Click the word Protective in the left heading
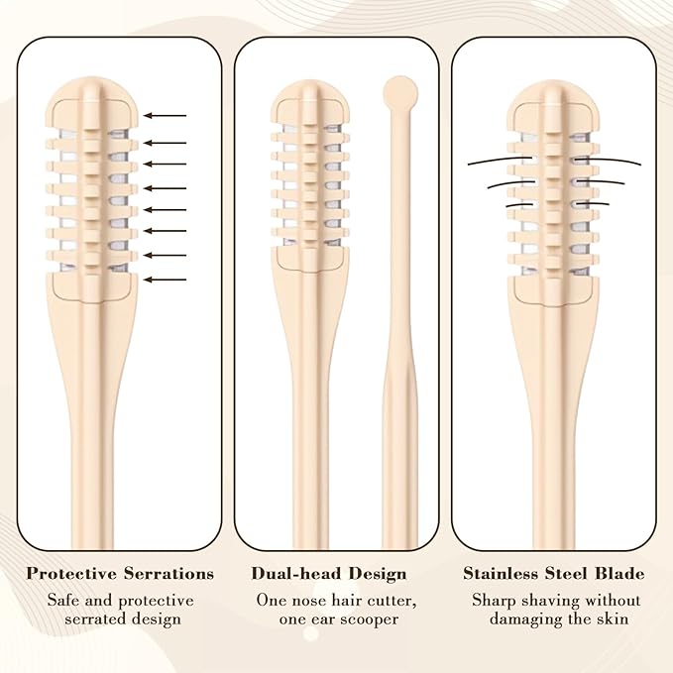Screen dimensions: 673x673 click(71, 574)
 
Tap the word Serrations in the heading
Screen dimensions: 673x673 click(169, 574)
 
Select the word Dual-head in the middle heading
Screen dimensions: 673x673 click(296, 574)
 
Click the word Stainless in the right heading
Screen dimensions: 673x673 click(500, 574)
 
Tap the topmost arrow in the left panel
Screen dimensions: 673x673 click(165, 115)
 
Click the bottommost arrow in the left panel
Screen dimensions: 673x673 click(165, 280)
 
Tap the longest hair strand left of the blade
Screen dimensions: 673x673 click(500, 161)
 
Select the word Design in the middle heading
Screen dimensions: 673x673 click(378, 574)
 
